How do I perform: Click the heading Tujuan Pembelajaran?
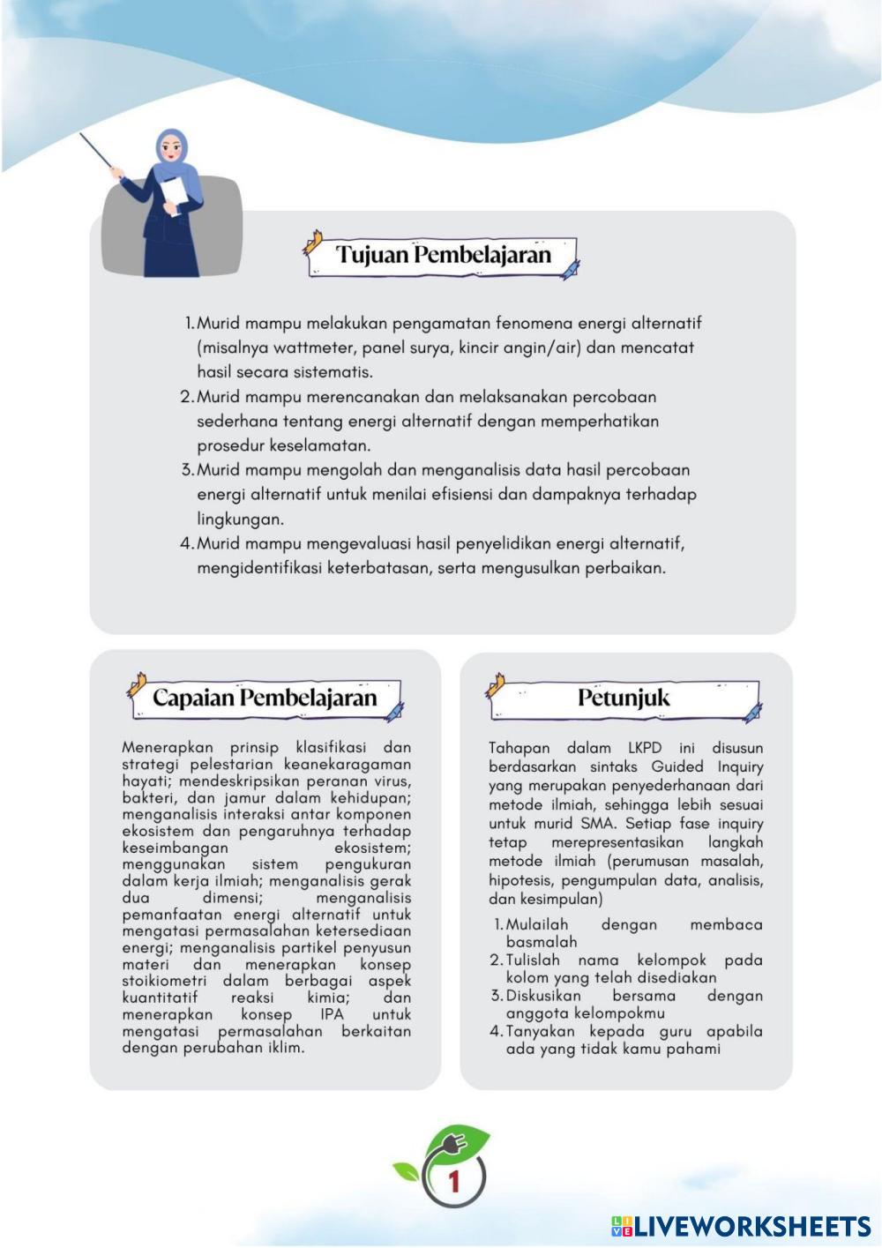click(x=443, y=255)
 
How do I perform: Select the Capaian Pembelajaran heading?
click(x=265, y=698)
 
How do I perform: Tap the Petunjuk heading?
click(x=624, y=698)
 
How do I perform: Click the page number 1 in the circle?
click(x=454, y=1181)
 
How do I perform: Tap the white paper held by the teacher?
click(x=174, y=196)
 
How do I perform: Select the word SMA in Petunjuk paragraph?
click(x=602, y=824)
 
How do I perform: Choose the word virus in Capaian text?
click(x=390, y=781)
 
